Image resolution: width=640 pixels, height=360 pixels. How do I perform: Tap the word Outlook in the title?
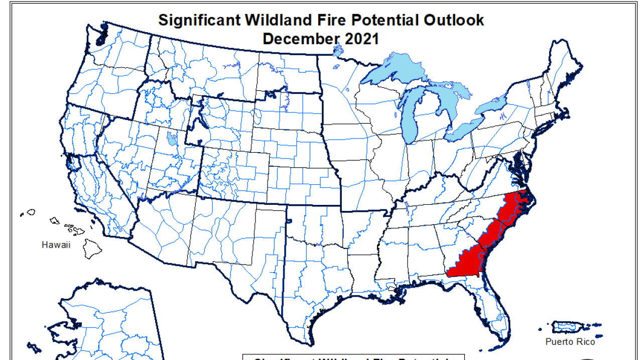click(x=453, y=20)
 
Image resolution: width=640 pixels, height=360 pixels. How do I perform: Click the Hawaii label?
click(x=56, y=245)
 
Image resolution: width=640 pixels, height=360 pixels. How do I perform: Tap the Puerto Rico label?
click(x=570, y=342)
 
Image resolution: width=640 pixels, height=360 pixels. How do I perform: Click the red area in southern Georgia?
click(x=464, y=264)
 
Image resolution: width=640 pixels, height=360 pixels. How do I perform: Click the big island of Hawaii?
click(x=92, y=248)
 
